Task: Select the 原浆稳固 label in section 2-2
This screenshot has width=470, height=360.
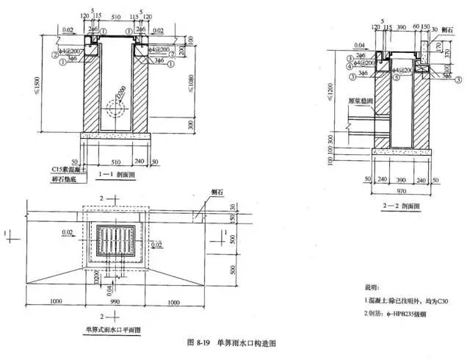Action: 361,97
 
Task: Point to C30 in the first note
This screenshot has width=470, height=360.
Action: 438,303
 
